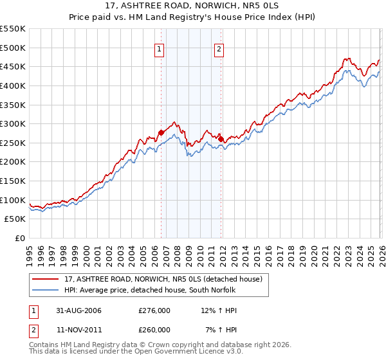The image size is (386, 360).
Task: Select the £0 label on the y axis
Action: coord(19,238)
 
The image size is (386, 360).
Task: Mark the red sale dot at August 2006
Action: coord(161,133)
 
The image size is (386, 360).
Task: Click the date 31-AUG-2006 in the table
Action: coord(78,310)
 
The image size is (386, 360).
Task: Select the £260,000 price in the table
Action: coord(154,330)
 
